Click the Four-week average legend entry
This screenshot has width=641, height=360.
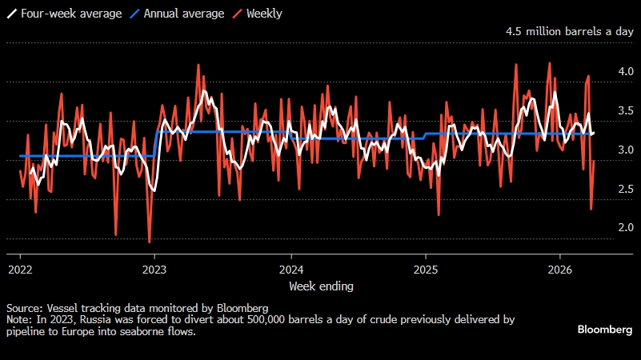point(61,14)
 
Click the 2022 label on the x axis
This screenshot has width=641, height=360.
point(20,269)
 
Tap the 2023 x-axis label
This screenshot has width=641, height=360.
point(154,269)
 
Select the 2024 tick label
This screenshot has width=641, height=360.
point(290,269)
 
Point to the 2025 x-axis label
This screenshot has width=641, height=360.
point(425,269)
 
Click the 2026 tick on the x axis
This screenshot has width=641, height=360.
point(560,269)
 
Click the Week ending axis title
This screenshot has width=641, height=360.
point(320,286)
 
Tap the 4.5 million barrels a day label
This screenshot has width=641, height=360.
point(569,31)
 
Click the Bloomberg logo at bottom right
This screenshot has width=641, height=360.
point(605,330)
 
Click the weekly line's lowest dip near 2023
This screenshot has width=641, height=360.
point(150,242)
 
